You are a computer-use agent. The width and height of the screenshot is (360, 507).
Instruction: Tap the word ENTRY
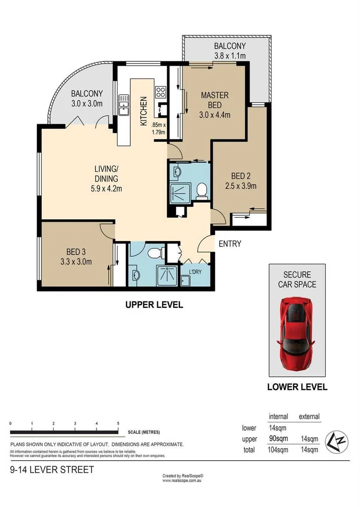(x=230, y=244)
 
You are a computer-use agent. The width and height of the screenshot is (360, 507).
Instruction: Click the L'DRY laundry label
(x=196, y=272)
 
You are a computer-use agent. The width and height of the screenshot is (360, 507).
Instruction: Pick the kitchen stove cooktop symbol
(x=161, y=92)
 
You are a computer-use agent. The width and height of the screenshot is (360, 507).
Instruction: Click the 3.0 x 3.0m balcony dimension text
(x=86, y=104)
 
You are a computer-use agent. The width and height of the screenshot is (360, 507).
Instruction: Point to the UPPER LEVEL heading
(x=154, y=304)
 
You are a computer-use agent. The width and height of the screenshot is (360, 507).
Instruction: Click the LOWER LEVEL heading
(x=297, y=387)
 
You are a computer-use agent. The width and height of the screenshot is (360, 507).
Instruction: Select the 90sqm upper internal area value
(x=278, y=439)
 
